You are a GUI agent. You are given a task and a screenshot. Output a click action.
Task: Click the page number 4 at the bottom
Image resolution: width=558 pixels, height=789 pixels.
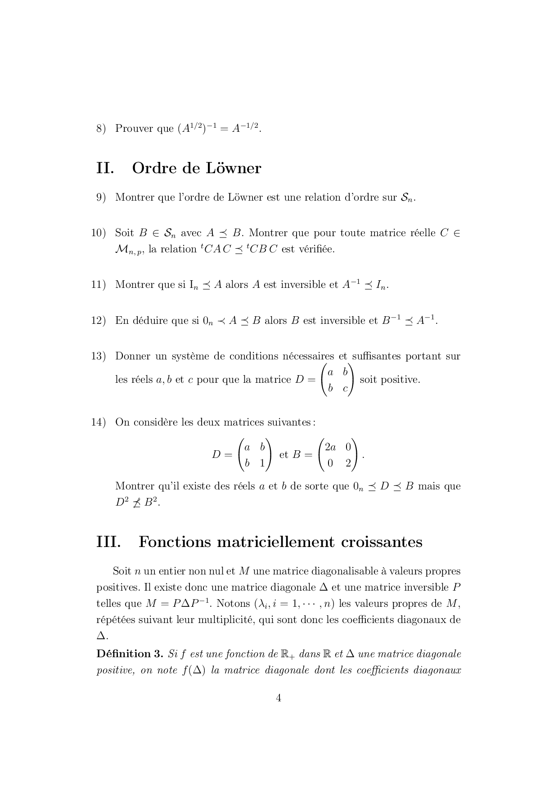click(x=279, y=698)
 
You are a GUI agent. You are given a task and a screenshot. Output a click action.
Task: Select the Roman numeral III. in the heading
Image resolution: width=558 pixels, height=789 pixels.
click(x=108, y=542)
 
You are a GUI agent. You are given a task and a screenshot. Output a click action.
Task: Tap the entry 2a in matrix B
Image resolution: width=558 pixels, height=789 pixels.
click(x=330, y=447)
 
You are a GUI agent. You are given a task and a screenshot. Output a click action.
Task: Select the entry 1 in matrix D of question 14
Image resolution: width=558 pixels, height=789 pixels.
click(x=262, y=463)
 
